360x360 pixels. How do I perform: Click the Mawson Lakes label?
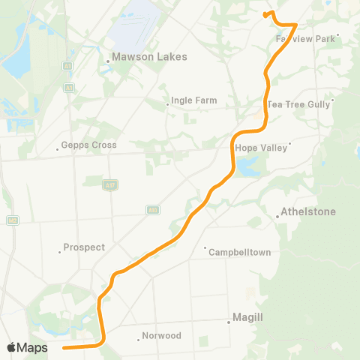click(149, 56)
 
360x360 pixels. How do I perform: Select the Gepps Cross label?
click(89, 145)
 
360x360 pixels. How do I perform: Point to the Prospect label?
click(84, 247)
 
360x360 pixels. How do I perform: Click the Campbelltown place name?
click(238, 252)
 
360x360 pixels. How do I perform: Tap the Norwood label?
click(161, 336)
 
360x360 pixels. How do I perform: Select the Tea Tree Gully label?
click(298, 104)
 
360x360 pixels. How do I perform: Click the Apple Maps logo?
click(27, 347)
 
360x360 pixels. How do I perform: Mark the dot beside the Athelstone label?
click(277, 217)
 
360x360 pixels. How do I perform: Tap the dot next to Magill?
click(229, 323)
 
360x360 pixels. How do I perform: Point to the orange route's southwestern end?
click(63, 347)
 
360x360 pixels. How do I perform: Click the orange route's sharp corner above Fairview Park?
click(298, 24)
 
